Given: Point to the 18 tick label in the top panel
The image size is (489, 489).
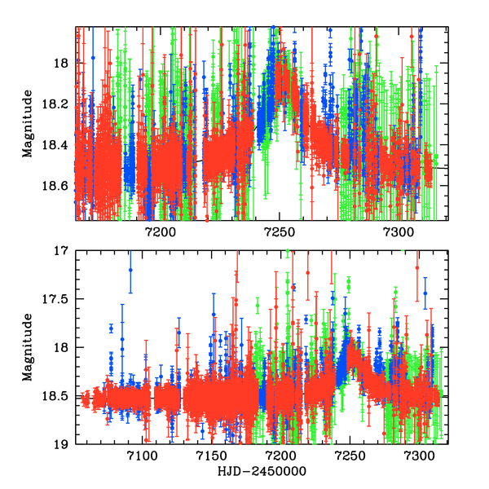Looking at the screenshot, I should tap(59, 64).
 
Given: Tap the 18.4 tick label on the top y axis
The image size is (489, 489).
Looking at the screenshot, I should tap(55, 145).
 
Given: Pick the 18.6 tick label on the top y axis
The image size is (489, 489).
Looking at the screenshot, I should tap(55, 186).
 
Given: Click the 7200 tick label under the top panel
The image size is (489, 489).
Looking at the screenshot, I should tap(160, 232).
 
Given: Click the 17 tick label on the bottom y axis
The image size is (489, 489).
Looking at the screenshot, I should tap(59, 251).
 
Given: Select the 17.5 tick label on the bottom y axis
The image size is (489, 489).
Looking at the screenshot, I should tap(55, 299).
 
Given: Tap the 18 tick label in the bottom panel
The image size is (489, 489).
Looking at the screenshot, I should tap(59, 348).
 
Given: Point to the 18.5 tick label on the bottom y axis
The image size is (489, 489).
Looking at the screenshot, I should tap(55, 396).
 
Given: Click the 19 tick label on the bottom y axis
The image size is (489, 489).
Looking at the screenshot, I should tap(59, 445).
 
